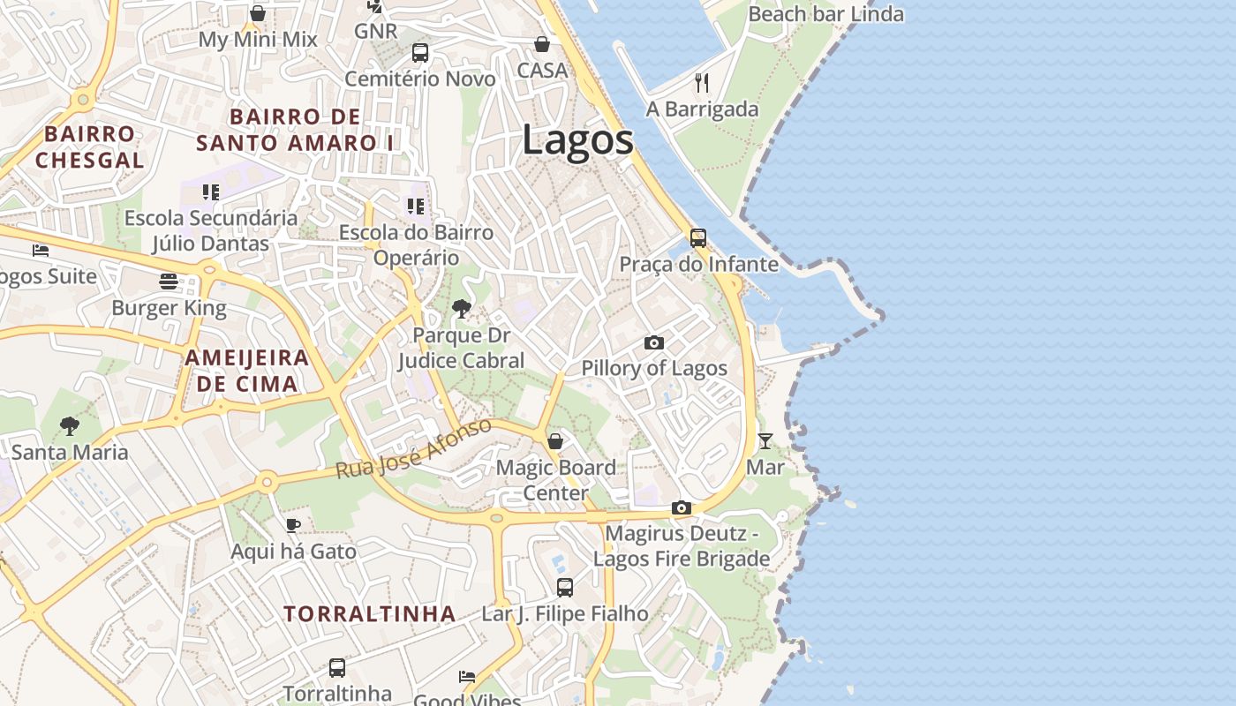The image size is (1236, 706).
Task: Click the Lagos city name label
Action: tap(577, 140)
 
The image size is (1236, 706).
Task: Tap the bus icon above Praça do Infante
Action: tap(698, 237)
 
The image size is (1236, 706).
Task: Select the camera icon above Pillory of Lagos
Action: tap(653, 342)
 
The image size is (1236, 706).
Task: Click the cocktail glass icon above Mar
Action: tap(765, 440)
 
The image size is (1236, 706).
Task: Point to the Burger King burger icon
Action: tap(169, 282)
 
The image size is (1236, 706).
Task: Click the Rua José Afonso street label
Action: tap(413, 449)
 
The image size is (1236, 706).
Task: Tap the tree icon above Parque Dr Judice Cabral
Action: tap(460, 308)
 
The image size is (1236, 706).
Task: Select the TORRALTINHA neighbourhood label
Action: tap(370, 613)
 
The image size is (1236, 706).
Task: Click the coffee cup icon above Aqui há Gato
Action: tap(293, 526)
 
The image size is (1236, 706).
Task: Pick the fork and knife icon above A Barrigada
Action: tap(702, 83)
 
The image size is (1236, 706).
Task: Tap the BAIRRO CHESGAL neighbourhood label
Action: tap(89, 146)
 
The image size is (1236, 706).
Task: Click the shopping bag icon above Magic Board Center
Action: tap(555, 441)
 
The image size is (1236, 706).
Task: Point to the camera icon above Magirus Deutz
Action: tap(681, 507)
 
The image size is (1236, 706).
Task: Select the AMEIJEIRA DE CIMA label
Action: tap(246, 371)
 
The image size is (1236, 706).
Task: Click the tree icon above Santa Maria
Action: tap(70, 426)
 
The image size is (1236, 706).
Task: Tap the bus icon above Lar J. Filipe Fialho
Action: tap(564, 587)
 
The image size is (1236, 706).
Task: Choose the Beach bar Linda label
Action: tap(825, 14)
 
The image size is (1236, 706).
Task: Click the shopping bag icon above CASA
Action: tap(542, 44)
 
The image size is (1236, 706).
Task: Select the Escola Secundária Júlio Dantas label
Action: tap(211, 230)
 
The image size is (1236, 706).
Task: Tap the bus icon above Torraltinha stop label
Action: tap(337, 667)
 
